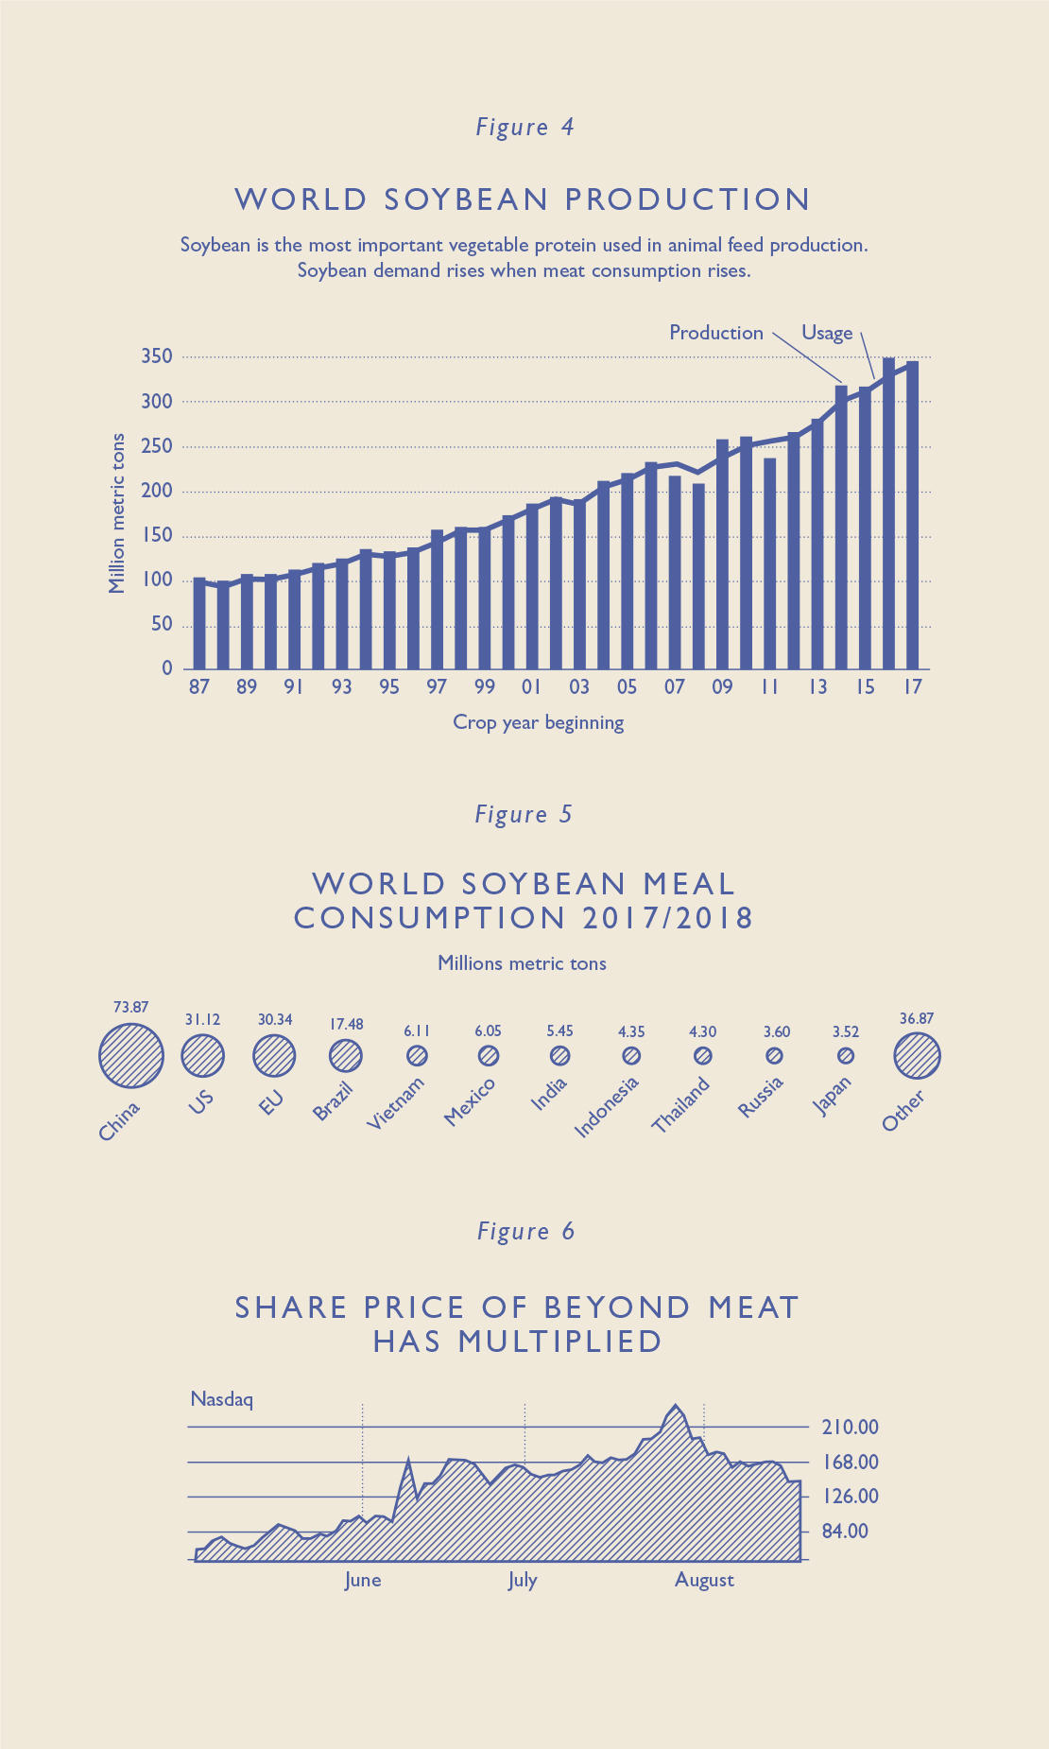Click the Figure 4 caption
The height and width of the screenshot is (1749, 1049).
pyautogui.click(x=524, y=128)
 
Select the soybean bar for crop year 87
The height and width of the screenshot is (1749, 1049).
pyautogui.click(x=199, y=624)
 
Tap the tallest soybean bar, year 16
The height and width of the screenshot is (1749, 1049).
pyautogui.click(x=888, y=515)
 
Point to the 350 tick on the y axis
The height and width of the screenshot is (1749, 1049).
pyautogui.click(x=157, y=356)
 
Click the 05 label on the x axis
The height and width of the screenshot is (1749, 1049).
pyautogui.click(x=627, y=687)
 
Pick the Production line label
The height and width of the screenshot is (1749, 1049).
pyautogui.click(x=715, y=333)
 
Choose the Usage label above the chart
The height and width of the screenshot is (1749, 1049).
pyautogui.click(x=827, y=333)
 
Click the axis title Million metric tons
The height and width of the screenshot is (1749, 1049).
pyautogui.click(x=117, y=513)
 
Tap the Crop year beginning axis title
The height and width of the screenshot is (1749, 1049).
pyautogui.click(x=538, y=722)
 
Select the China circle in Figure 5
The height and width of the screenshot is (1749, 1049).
pyautogui.click(x=130, y=1055)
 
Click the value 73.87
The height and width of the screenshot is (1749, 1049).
pyautogui.click(x=130, y=1008)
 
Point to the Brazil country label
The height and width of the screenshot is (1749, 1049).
pyautogui.click(x=333, y=1100)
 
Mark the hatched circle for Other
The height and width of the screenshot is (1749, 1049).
pyautogui.click(x=917, y=1055)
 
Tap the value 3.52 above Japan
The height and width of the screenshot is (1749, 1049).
pyautogui.click(x=846, y=1031)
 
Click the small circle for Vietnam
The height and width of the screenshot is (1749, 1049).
pyautogui.click(x=417, y=1055)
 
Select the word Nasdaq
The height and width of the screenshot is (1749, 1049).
pyautogui.click(x=221, y=1398)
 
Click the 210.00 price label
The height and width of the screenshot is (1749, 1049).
pyautogui.click(x=850, y=1427)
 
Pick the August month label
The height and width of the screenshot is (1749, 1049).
pyautogui.click(x=704, y=1580)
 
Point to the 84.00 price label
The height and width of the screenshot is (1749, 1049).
pyautogui.click(x=845, y=1531)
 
